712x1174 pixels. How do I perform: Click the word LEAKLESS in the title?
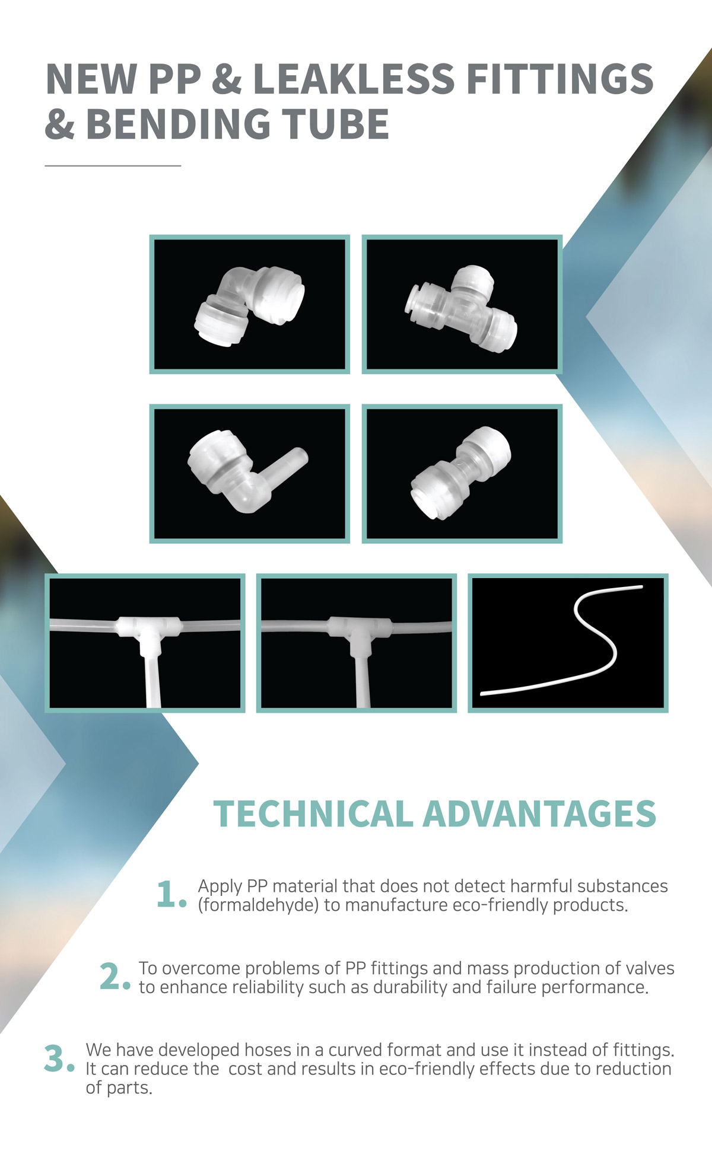click(x=354, y=79)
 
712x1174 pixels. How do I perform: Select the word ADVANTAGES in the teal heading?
click(x=540, y=813)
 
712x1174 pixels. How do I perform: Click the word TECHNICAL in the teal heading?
click(x=313, y=813)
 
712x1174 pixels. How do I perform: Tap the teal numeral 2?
click(x=115, y=977)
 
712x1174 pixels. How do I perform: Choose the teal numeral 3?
click(x=59, y=1059)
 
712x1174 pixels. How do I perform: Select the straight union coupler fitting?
click(x=461, y=473)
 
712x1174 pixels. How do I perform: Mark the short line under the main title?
click(x=113, y=166)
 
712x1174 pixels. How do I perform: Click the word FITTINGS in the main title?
click(x=560, y=79)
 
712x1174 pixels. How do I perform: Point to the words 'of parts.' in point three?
click(x=119, y=1089)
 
